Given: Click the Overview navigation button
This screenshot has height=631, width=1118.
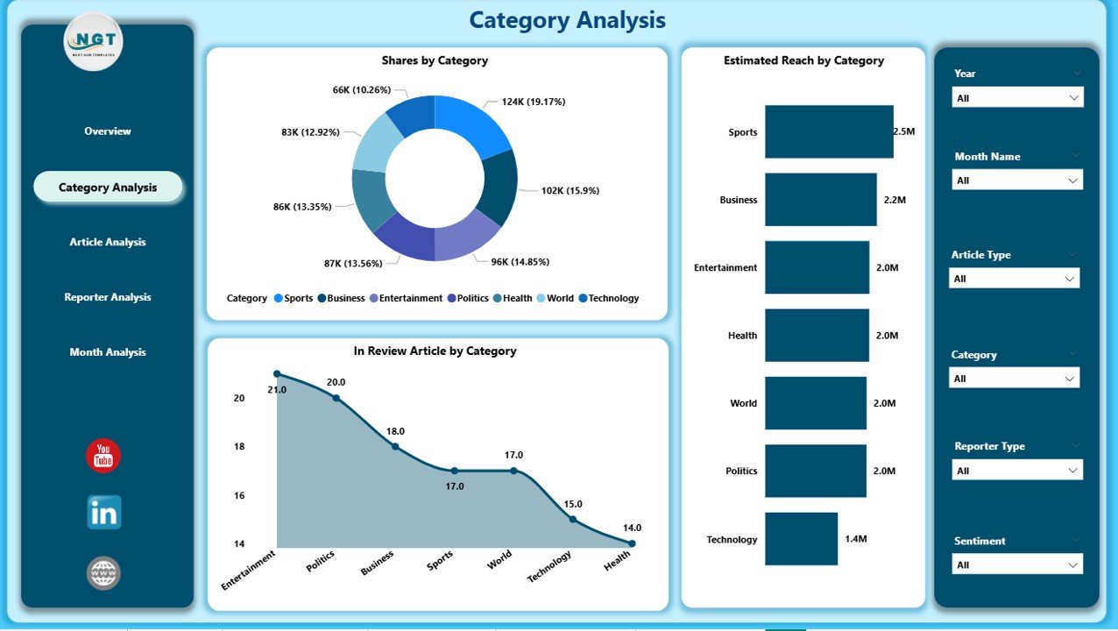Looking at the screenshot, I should (x=108, y=131).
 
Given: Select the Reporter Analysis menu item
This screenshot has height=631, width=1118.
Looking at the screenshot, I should (x=108, y=297).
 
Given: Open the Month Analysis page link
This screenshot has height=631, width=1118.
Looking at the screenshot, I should (x=108, y=352).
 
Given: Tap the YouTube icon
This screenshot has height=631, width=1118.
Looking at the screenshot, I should (x=103, y=457).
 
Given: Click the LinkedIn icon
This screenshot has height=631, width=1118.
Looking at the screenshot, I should (x=103, y=514).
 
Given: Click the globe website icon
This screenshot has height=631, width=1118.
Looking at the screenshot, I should (x=103, y=573).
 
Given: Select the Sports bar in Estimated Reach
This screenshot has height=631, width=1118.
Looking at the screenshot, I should (x=828, y=132).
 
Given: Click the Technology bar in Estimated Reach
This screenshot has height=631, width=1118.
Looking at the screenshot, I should (x=800, y=539).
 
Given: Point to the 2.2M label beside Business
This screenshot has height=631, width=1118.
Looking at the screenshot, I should (x=895, y=200).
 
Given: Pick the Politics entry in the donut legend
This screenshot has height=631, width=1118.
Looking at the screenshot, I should (x=471, y=298).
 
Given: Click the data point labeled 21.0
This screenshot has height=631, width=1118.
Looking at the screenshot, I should (x=277, y=374).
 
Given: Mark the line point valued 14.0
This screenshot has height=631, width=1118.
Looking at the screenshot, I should (x=632, y=543).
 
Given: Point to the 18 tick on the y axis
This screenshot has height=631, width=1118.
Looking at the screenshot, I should (x=239, y=447).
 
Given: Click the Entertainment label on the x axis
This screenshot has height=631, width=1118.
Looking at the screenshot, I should (x=248, y=570).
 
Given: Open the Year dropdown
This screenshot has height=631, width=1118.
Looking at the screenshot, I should (x=1017, y=98).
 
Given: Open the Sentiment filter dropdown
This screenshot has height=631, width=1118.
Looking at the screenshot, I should (x=1017, y=564).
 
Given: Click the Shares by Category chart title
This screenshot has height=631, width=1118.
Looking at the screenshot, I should (x=435, y=60).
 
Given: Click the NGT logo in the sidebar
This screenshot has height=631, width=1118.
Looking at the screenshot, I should (x=94, y=41).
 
